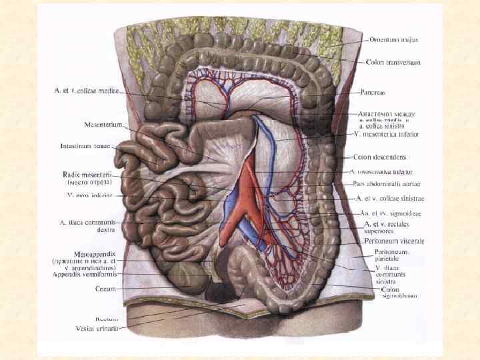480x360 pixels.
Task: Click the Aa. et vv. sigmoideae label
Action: [x=393, y=213]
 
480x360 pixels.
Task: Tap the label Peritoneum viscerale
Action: [x=396, y=240]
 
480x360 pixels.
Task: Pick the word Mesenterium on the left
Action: [x=103, y=125]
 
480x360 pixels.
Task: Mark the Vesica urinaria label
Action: [x=96, y=328]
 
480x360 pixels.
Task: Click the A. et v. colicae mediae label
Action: [x=86, y=91]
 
